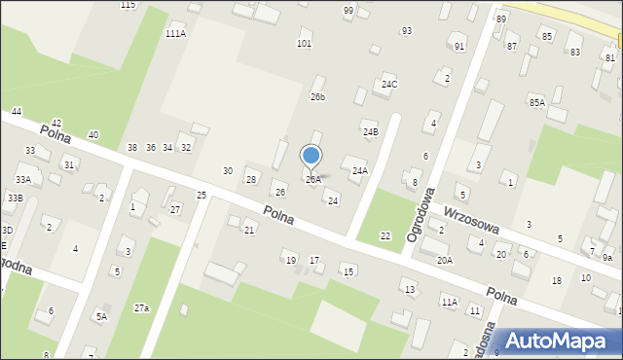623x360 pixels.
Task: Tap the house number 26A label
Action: [x=312, y=180]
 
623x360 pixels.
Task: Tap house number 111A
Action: [x=175, y=33]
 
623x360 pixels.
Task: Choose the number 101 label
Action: [x=304, y=43]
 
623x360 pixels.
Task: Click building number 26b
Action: [x=317, y=97]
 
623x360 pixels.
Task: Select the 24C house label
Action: [x=389, y=85]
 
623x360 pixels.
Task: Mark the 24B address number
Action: [x=370, y=131]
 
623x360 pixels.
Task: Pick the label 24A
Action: [x=360, y=170]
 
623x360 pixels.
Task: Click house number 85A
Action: [x=536, y=102]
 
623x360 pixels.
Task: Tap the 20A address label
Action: [x=444, y=260]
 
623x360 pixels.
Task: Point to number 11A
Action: [x=449, y=303]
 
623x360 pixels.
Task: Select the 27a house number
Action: [x=142, y=307]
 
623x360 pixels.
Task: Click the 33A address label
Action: [x=23, y=179]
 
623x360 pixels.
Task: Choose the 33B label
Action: [x=15, y=198]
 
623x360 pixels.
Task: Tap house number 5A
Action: [x=100, y=316]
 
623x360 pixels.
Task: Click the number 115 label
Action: [x=128, y=6]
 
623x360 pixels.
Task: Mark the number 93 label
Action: [x=406, y=31]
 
